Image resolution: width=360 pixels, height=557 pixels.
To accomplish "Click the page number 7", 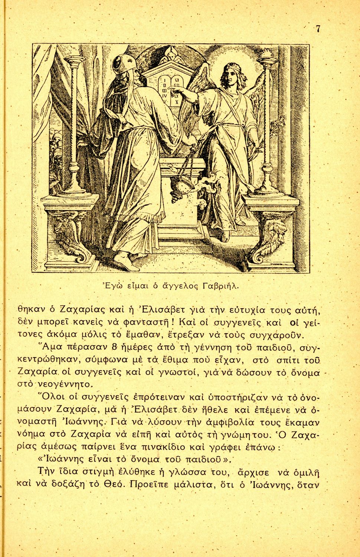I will tap(318, 29).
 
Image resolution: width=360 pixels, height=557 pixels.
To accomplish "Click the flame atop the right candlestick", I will tap(266, 55).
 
